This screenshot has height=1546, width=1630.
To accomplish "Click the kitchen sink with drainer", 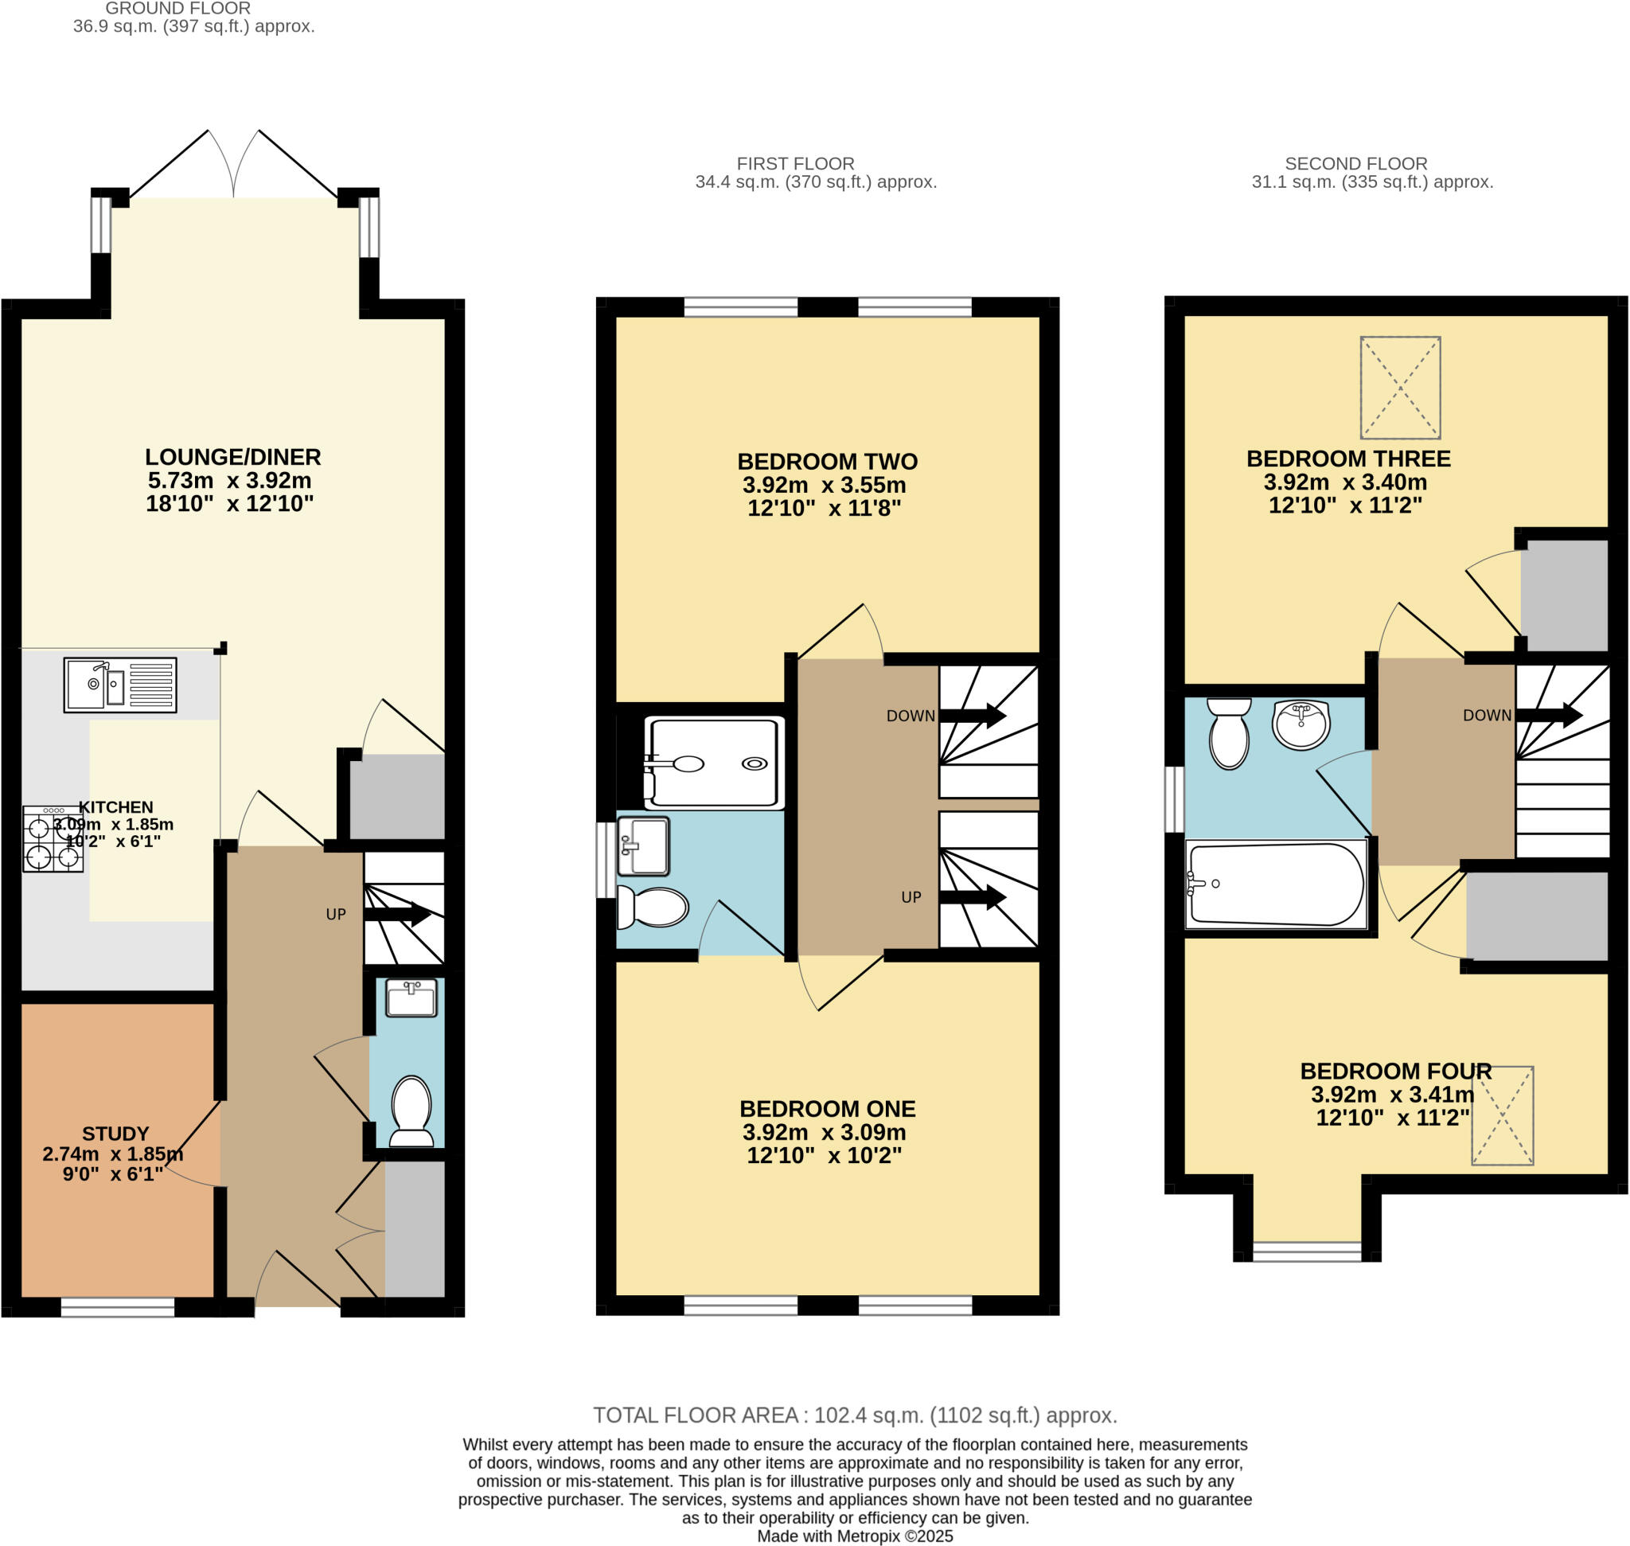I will [120, 684].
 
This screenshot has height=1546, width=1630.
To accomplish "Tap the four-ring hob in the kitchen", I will [53, 839].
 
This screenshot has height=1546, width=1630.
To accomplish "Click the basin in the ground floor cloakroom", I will [411, 998].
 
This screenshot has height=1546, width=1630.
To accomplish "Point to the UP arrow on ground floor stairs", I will [397, 913].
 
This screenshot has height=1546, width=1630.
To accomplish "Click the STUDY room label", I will [115, 1133].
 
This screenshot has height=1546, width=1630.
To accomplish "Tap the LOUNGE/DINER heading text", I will [233, 458].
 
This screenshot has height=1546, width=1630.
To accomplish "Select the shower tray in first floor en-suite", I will [713, 763].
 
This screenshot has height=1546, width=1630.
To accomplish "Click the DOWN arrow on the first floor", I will [973, 716].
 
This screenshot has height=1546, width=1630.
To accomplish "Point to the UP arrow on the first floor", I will [973, 897].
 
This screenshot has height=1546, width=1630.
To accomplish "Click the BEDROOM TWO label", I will [828, 462].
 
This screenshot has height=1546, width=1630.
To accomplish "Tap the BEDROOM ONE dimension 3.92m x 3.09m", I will [824, 1132].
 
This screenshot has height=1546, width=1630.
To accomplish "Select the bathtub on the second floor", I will [1275, 884].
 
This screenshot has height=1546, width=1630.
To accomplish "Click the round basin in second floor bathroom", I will [1300, 724].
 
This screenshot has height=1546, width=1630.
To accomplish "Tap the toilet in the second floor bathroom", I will [1229, 732].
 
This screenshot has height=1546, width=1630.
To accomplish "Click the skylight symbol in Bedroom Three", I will [1400, 388].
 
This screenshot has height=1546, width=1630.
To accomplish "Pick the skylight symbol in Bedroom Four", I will [1503, 1115].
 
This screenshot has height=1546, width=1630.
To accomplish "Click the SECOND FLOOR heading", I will [1355, 164].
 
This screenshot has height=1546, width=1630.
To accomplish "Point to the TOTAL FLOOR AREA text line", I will [855, 1415].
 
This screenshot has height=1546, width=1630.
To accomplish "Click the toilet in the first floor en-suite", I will [653, 907].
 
